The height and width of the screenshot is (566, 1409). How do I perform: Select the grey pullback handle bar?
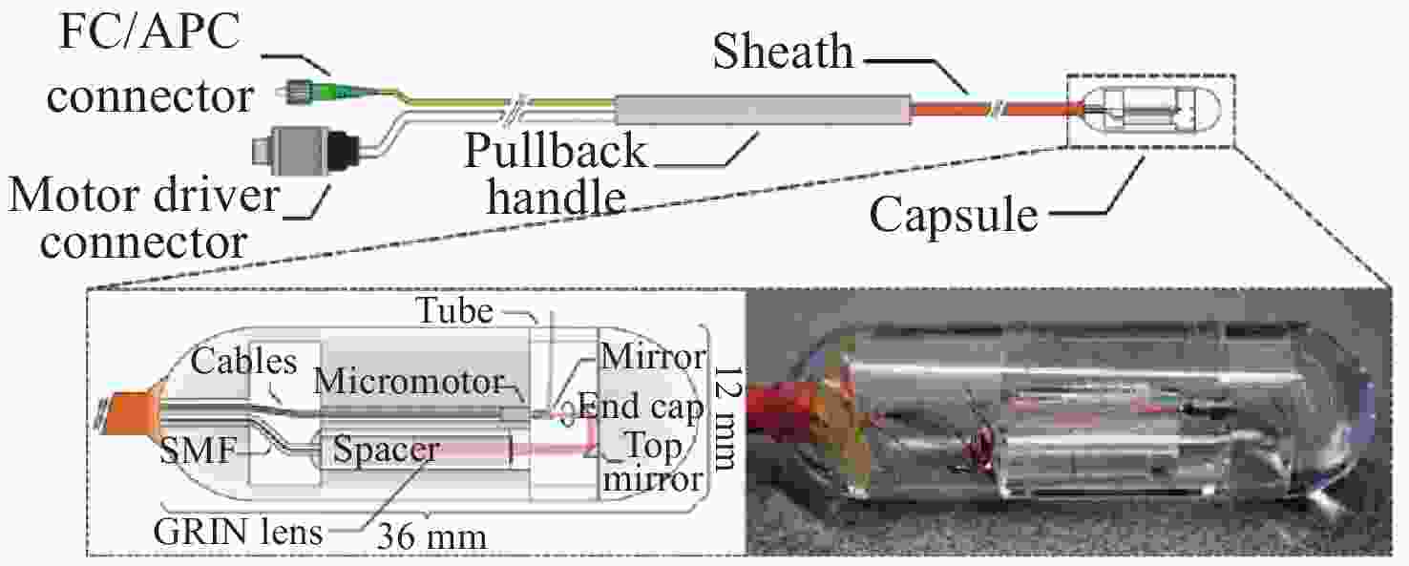click(x=763, y=110)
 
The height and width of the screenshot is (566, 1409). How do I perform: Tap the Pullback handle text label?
click(x=556, y=173)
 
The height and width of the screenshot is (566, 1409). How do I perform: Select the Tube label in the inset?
click(x=454, y=310)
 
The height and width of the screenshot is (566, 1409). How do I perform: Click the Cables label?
click(x=243, y=361)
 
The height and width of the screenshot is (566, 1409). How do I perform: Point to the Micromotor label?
click(x=409, y=381)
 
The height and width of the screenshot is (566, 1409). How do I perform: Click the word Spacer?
click(x=385, y=449)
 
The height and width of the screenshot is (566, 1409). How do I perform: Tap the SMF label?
click(x=199, y=451)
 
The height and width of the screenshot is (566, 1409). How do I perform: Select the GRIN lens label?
click(x=238, y=532)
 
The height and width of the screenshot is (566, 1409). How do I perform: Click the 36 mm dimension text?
click(x=431, y=536)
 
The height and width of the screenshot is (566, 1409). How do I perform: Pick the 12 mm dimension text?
click(x=725, y=418)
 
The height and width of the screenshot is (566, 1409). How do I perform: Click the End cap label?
click(x=641, y=407)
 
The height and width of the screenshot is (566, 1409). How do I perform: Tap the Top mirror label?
click(x=653, y=462)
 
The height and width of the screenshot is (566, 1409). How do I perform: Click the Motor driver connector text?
click(x=143, y=219)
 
